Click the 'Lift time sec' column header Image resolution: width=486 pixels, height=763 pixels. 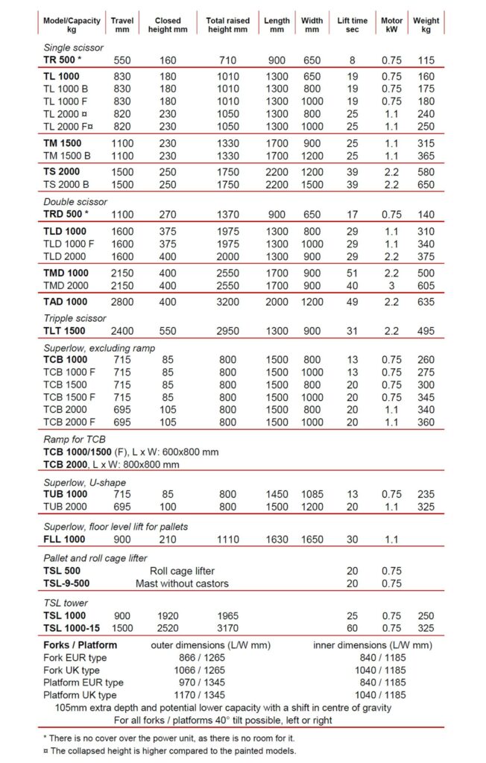click(x=353, y=25)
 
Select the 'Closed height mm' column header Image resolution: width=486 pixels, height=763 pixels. click(x=168, y=25)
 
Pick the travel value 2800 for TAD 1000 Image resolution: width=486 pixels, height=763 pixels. click(x=122, y=302)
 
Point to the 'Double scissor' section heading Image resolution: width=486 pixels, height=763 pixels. click(x=75, y=201)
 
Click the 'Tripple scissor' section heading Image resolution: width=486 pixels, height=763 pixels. click(x=76, y=317)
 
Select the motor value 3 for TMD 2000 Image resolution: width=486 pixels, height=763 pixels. click(x=391, y=285)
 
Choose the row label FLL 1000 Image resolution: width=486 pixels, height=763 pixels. click(x=64, y=539)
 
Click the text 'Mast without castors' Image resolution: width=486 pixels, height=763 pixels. click(x=182, y=583)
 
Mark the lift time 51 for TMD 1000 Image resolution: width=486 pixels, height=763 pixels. click(x=353, y=273)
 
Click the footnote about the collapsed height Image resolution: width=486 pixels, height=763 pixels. click(x=170, y=750)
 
